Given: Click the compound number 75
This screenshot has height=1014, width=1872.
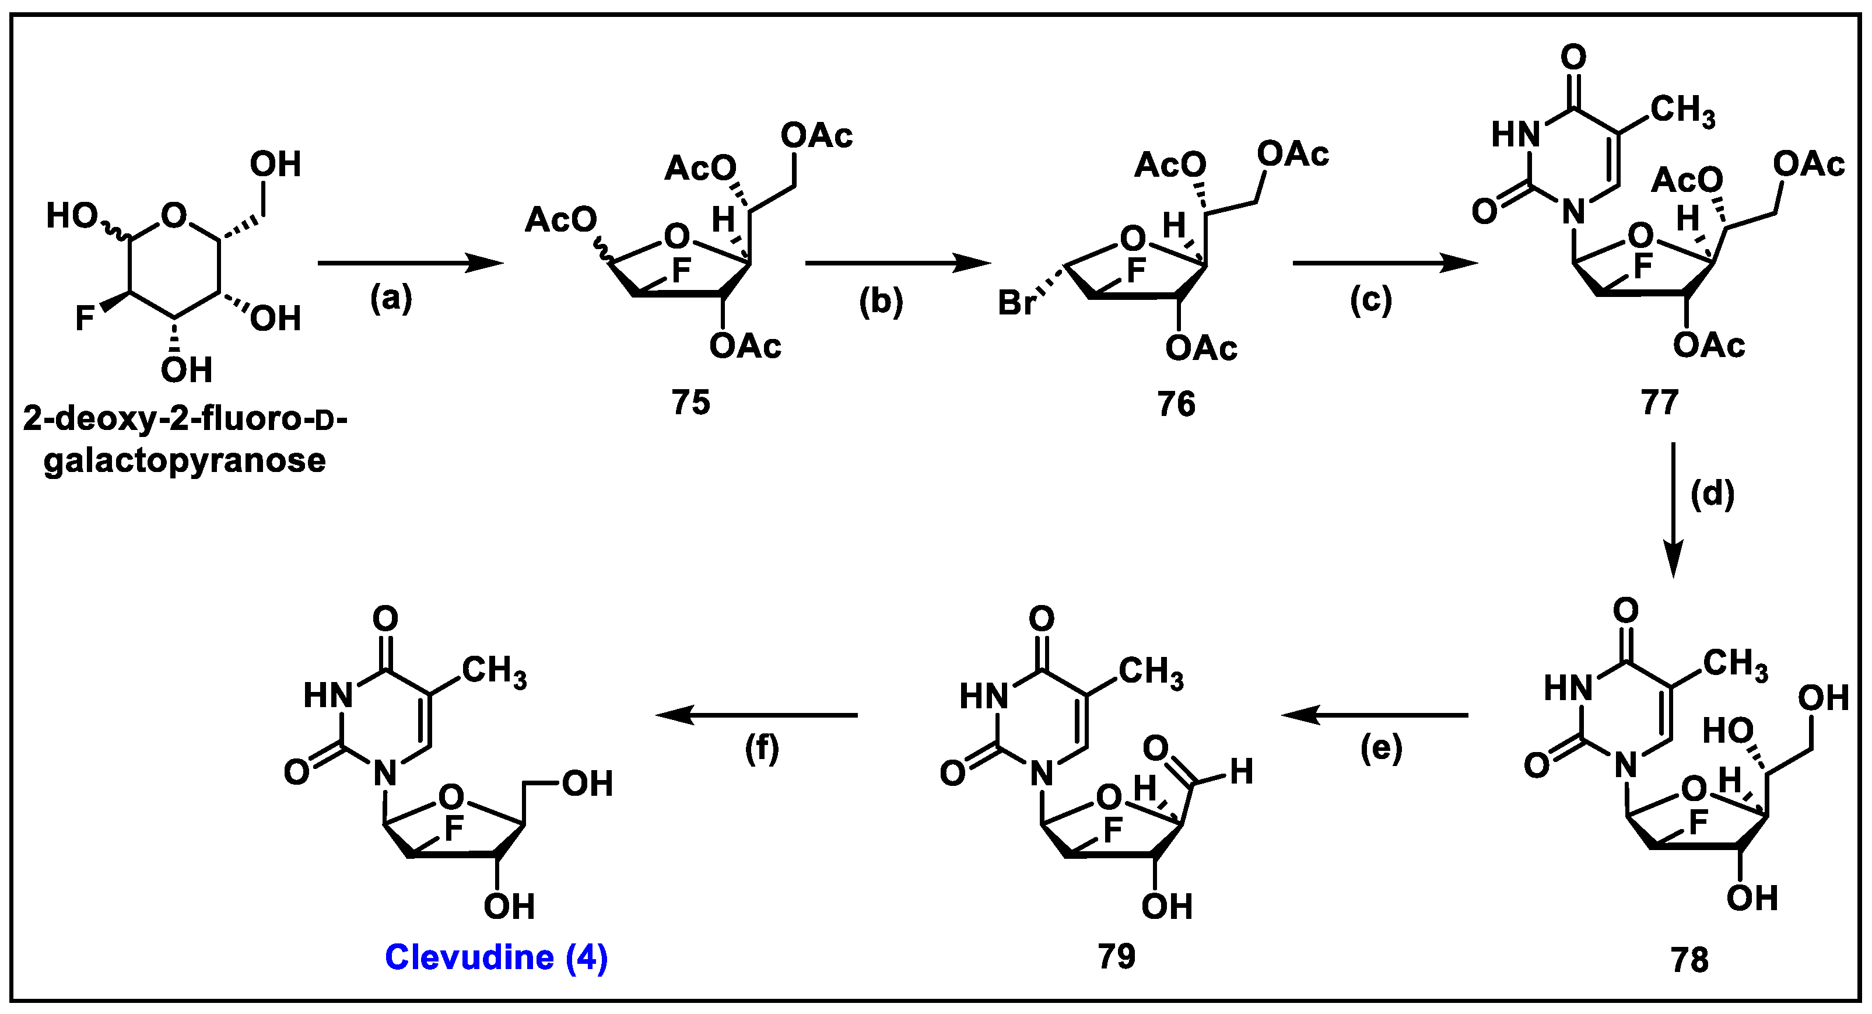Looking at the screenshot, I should click(x=690, y=402).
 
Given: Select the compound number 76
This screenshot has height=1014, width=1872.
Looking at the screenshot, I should click(x=1176, y=403).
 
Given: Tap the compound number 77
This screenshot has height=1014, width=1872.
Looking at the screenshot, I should click(x=1660, y=402).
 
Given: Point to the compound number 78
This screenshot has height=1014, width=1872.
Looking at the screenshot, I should click(x=1689, y=960).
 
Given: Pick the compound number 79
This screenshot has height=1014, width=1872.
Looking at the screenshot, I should click(x=1116, y=956).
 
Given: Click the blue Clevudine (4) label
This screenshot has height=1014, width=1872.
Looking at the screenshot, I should click(x=496, y=957).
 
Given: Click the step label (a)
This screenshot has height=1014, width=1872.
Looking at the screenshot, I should click(x=391, y=298).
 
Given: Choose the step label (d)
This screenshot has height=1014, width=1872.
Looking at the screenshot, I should click(x=1712, y=494).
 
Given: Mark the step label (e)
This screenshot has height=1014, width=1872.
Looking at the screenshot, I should click(x=1381, y=749).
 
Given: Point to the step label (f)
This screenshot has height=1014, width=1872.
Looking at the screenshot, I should click(x=762, y=749).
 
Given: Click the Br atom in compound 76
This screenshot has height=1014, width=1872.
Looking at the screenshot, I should click(x=1016, y=302).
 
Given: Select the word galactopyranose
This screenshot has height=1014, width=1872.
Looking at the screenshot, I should click(x=185, y=461).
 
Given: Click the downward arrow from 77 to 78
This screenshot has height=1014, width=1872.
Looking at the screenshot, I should click(x=1674, y=509).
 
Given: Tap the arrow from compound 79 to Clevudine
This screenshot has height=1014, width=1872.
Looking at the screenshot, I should click(x=756, y=715).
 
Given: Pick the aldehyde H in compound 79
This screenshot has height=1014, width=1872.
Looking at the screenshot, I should click(x=1241, y=771).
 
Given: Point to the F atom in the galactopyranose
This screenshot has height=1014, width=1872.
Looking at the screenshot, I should click(x=85, y=317).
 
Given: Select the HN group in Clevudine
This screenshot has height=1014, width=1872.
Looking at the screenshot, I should click(x=328, y=695).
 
